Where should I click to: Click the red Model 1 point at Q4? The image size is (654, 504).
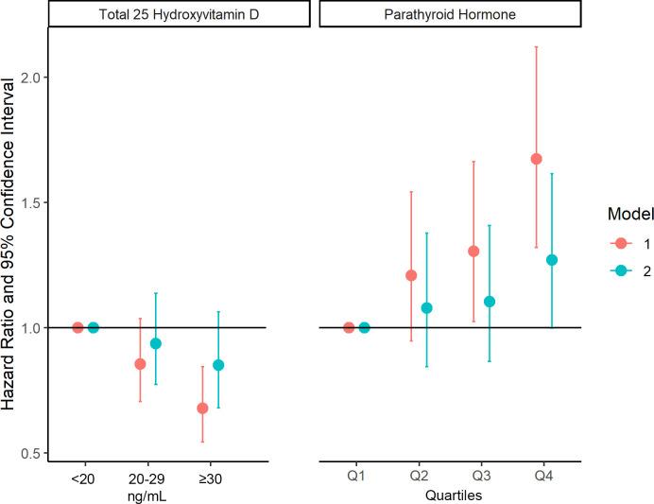[x=536, y=159]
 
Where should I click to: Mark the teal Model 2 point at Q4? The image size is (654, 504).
[x=552, y=260]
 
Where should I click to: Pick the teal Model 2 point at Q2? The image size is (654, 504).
[x=426, y=308]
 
